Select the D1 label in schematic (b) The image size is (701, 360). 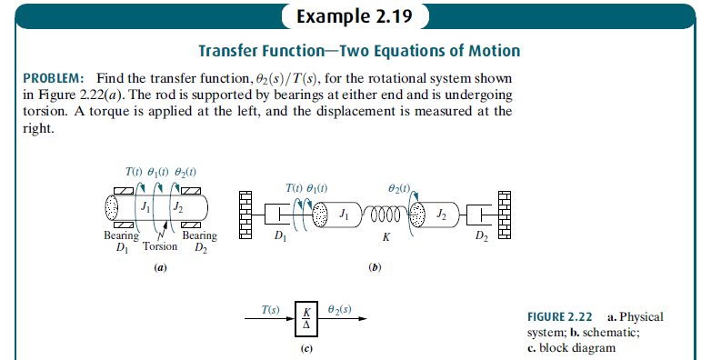pos(279,239)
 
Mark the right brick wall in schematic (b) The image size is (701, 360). pos(506,215)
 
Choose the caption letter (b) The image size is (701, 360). pos(374,268)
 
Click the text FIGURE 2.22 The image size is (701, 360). pos(560,317)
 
